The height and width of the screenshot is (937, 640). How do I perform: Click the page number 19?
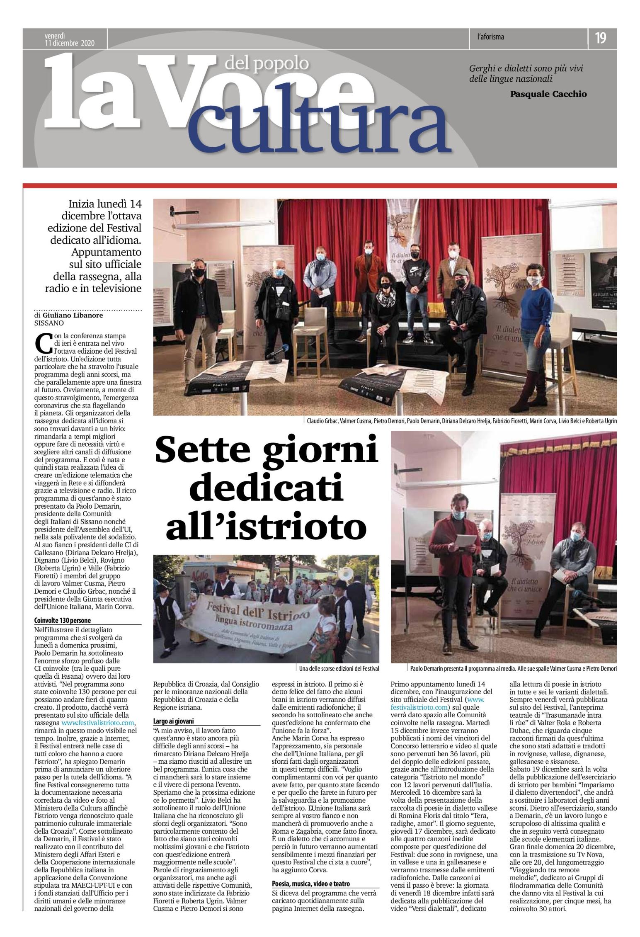tap(600, 38)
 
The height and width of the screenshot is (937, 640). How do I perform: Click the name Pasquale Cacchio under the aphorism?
tap(548, 94)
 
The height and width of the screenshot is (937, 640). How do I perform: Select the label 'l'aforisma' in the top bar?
tap(490, 37)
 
